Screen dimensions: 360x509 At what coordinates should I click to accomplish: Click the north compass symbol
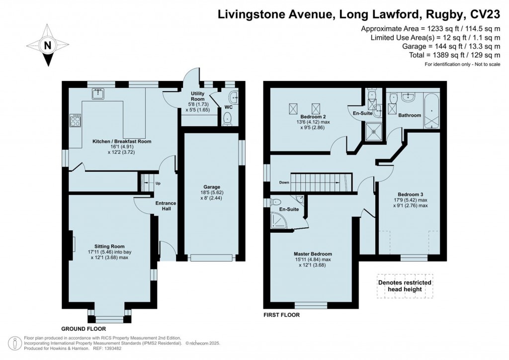pyautogui.click(x=48, y=46)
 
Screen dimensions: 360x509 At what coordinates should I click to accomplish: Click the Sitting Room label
pyautogui.click(x=110, y=246)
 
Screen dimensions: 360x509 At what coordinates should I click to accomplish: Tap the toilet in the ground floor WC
pyautogui.click(x=227, y=118)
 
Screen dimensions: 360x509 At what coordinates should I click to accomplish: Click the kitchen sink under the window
pyautogui.click(x=98, y=93)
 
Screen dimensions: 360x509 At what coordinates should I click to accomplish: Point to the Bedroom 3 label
pyautogui.click(x=410, y=194)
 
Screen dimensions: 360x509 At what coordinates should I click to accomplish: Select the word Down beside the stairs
pyautogui.click(x=284, y=182)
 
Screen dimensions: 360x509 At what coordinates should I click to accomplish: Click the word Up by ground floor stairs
pyautogui.click(x=158, y=183)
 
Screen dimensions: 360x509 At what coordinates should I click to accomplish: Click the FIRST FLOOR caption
pyautogui.click(x=282, y=315)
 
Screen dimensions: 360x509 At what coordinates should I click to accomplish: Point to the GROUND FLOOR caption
pyautogui.click(x=84, y=329)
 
